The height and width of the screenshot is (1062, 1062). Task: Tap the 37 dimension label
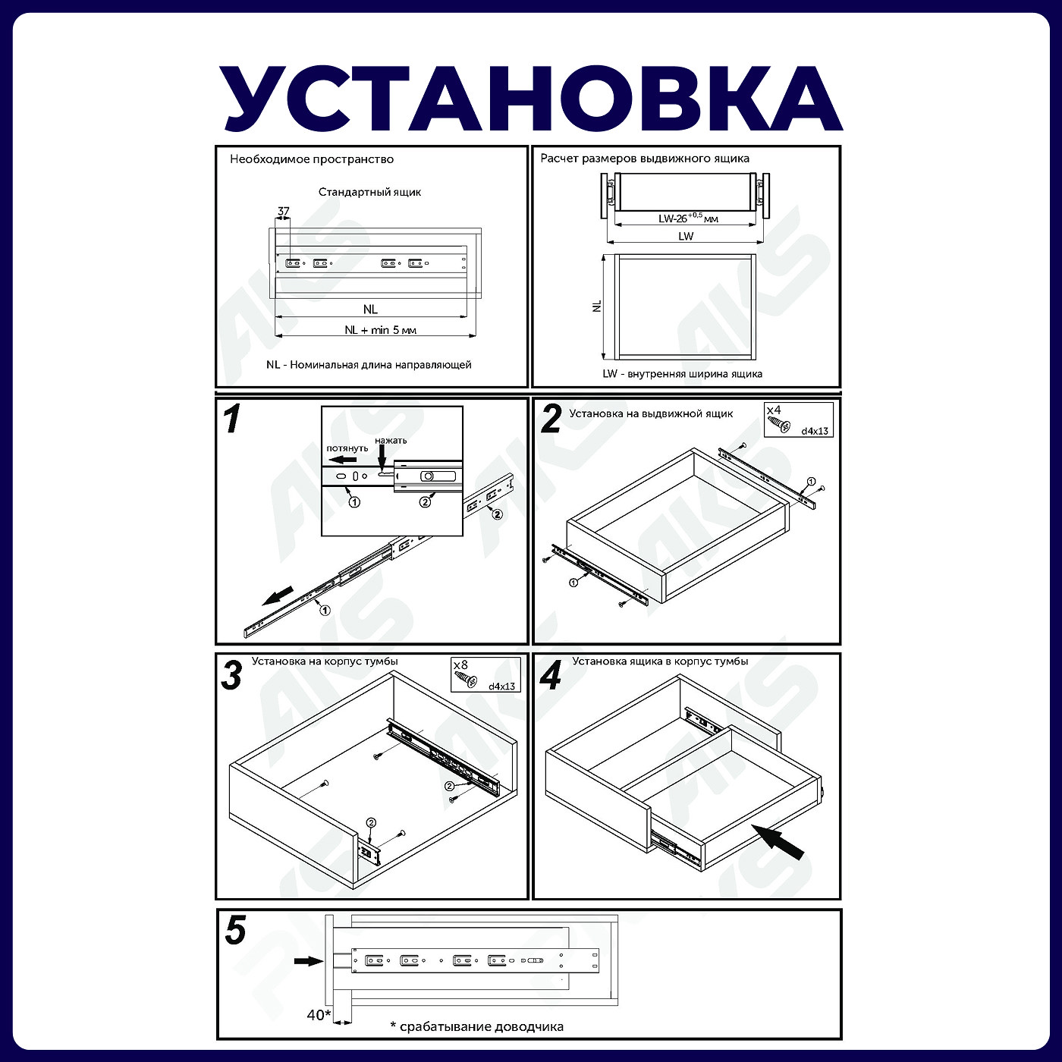(283, 212)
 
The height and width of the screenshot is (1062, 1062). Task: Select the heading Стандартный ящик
(369, 192)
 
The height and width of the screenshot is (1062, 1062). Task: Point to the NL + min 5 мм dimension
(380, 330)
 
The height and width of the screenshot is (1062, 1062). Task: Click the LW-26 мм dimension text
(687, 218)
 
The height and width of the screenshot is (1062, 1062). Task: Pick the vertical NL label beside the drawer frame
(597, 306)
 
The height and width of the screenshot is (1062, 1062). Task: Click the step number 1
(232, 419)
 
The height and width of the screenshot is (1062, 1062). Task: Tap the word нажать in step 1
(391, 440)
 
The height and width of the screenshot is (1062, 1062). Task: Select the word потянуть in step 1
(347, 448)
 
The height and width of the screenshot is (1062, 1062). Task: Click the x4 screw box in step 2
(798, 419)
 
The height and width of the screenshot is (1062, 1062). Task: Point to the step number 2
(551, 419)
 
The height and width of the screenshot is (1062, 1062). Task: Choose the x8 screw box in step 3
(485, 674)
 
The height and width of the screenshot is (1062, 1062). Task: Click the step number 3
(231, 675)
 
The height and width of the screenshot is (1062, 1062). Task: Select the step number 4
(551, 675)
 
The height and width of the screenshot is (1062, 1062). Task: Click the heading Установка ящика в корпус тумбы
(660, 661)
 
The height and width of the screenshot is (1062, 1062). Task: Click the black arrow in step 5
(308, 960)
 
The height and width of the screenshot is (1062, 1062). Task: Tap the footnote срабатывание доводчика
(477, 1027)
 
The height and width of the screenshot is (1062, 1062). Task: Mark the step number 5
(235, 931)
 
